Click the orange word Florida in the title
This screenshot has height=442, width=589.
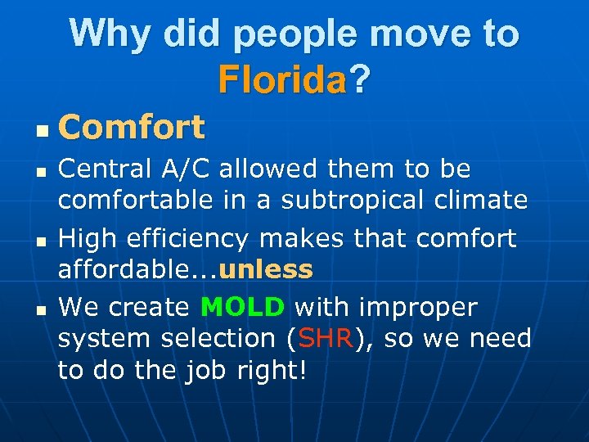point(282,79)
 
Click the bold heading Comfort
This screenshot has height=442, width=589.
point(132,128)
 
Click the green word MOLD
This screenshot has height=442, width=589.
point(243,307)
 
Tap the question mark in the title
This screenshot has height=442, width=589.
point(360,79)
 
